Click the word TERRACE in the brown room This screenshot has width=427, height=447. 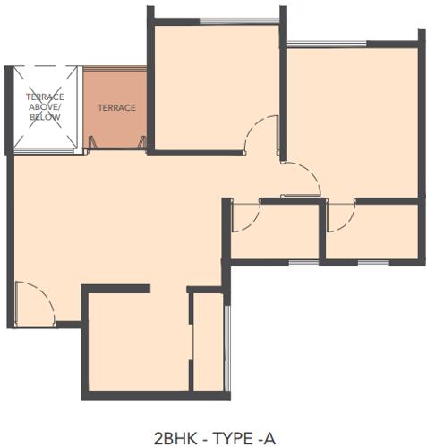point(116,108)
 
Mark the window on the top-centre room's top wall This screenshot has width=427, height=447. point(226,21)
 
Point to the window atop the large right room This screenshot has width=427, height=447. point(327,43)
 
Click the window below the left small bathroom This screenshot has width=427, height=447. point(304,262)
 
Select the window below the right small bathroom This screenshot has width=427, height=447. point(372,262)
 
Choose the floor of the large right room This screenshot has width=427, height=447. point(352,121)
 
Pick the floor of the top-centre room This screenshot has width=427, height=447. point(215,85)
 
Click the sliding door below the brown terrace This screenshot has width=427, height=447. point(116,148)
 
